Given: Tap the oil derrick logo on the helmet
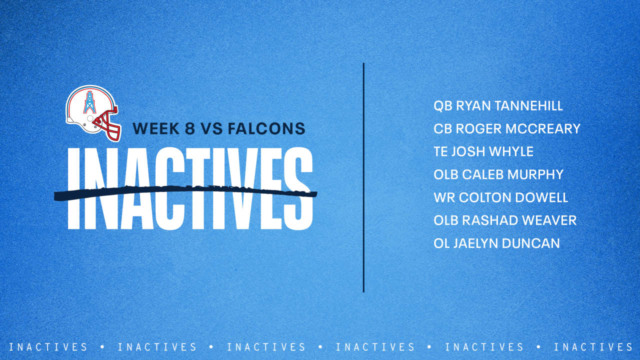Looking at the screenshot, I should [90, 103].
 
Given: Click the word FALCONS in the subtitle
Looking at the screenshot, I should [266, 129].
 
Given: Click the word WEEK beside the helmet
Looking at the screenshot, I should [156, 129].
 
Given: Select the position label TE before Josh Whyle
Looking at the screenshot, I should [440, 152].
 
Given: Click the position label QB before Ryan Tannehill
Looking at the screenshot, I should [443, 106].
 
